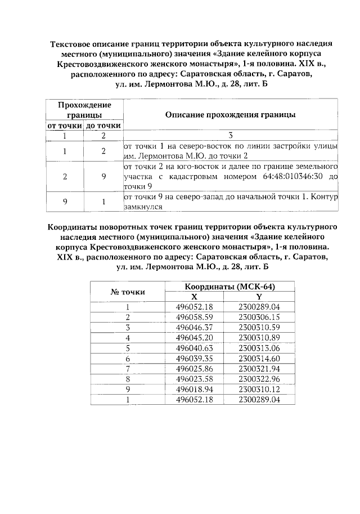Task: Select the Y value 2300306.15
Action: click(259, 317)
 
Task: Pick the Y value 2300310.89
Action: click(259, 337)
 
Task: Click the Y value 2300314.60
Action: click(259, 357)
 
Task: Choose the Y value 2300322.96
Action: click(259, 378)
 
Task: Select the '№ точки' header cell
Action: click(127, 292)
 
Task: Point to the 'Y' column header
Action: click(259, 297)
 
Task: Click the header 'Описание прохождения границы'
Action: click(231, 115)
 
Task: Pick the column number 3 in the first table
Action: click(231, 136)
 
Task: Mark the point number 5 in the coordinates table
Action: click(128, 347)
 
